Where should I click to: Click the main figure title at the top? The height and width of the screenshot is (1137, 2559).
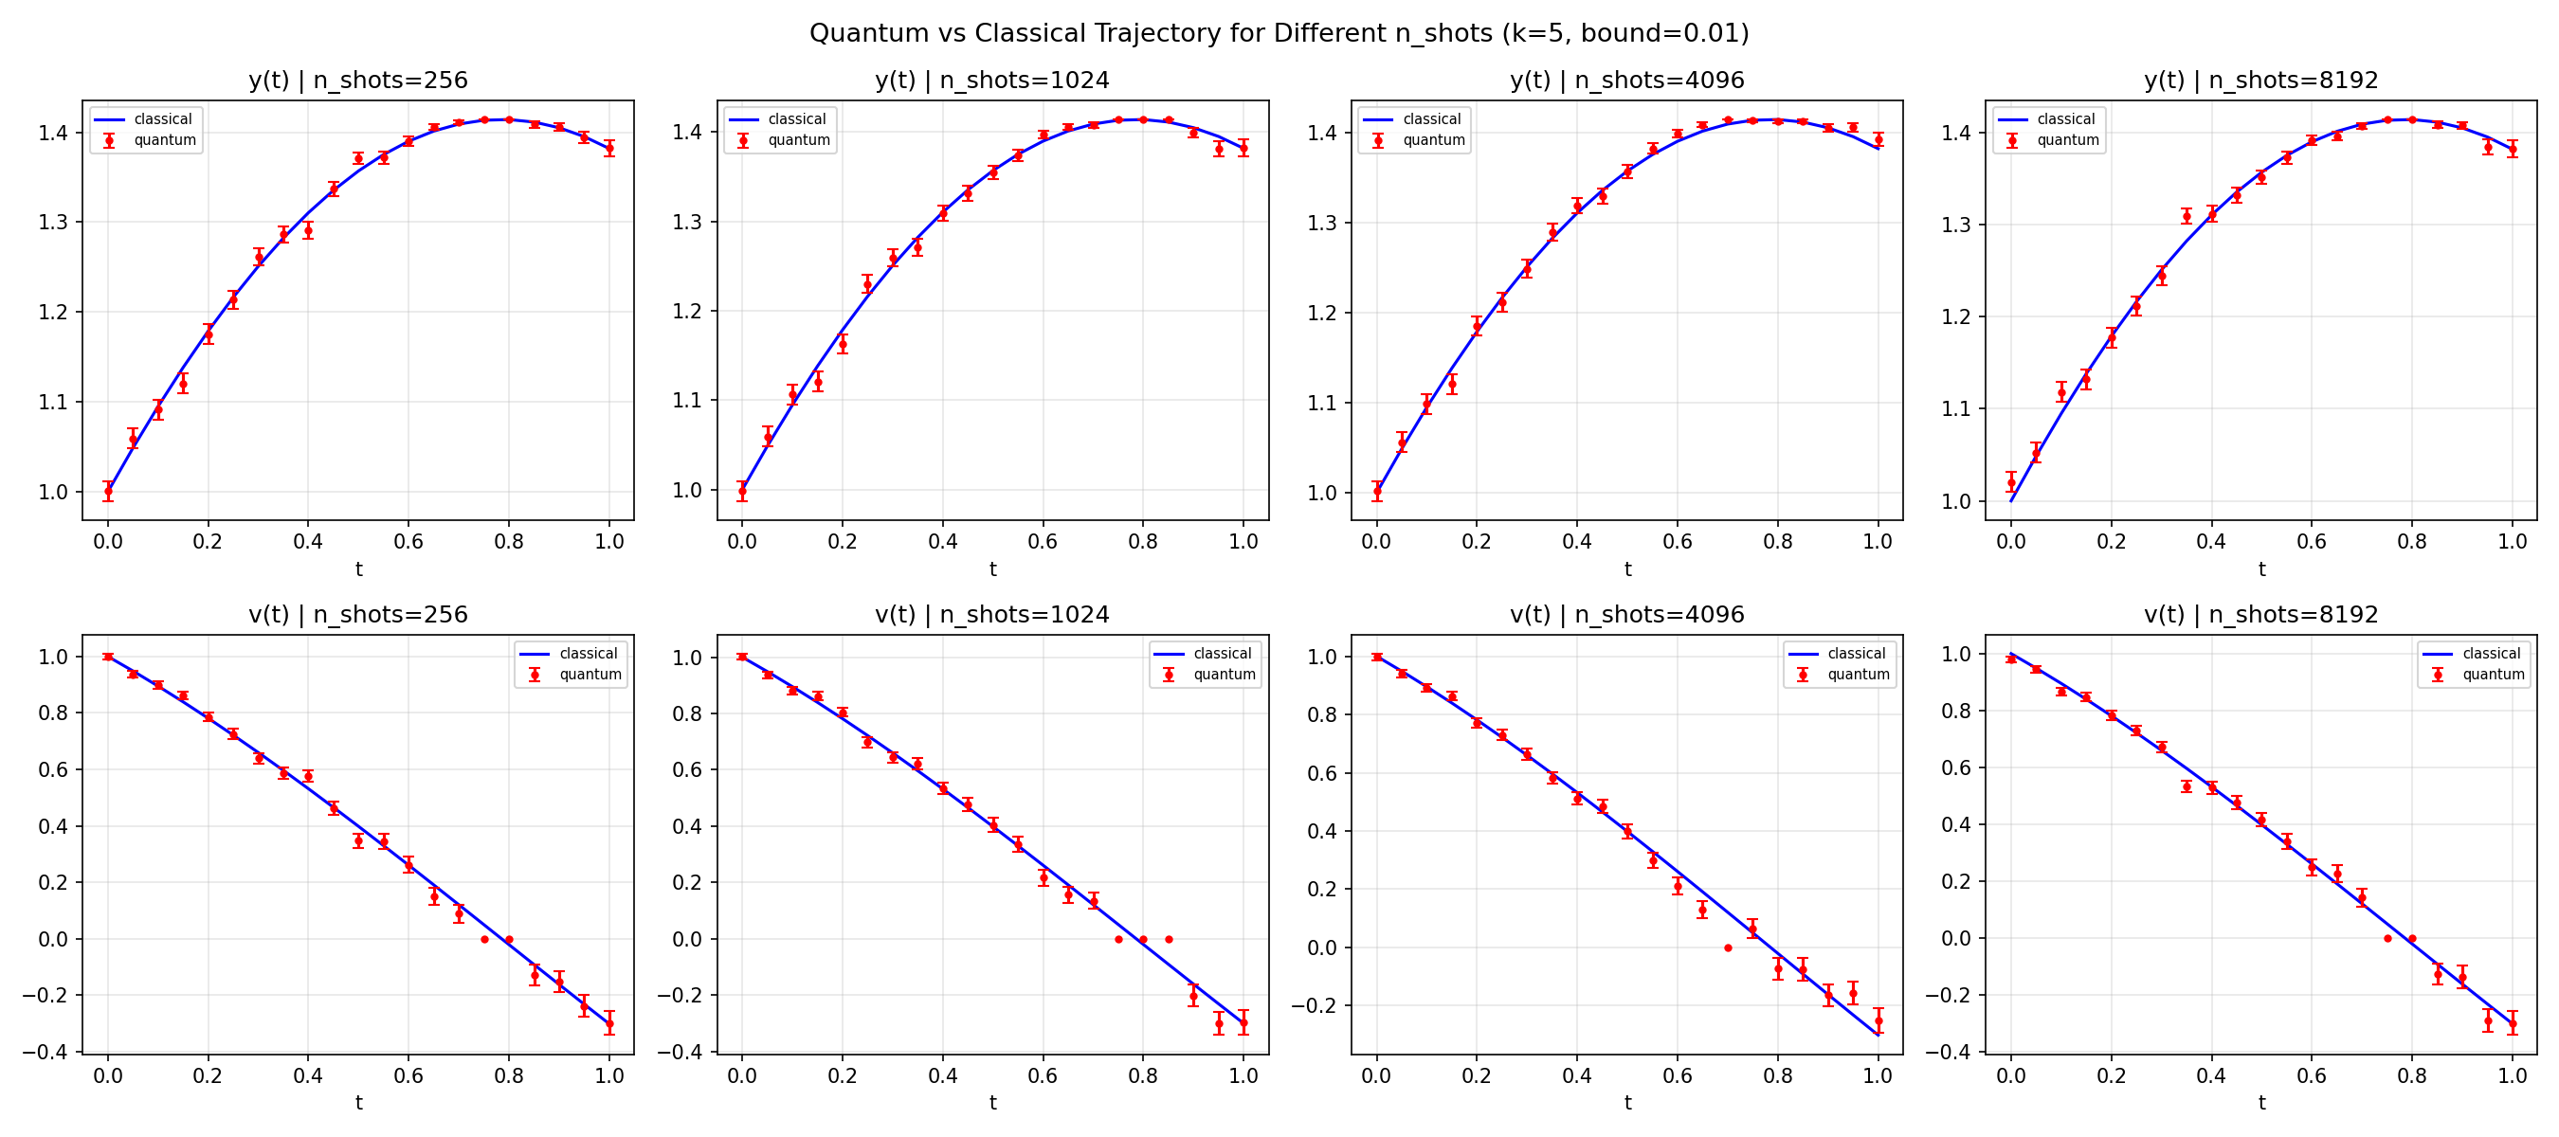click(x=1279, y=33)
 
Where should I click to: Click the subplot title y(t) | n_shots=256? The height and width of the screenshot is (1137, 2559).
click(x=357, y=81)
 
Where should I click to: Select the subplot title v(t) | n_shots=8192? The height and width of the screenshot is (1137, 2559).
click(x=2261, y=615)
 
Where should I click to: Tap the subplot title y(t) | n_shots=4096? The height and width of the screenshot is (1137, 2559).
click(x=1626, y=81)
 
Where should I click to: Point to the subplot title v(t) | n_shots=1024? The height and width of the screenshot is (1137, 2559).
click(x=991, y=615)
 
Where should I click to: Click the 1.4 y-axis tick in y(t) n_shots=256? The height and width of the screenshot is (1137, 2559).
click(x=54, y=132)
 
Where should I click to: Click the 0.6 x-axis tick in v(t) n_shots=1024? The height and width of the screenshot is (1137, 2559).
click(x=1042, y=1075)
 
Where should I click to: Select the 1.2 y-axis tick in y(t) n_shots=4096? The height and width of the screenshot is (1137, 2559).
click(x=1321, y=313)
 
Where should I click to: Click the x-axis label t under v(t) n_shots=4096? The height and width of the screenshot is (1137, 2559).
click(x=1627, y=1102)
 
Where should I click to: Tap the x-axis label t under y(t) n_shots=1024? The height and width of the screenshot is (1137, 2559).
click(x=992, y=569)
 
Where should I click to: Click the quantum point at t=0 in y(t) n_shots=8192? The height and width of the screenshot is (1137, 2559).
click(x=2010, y=483)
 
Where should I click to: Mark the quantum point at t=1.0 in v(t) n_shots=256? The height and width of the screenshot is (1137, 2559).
click(x=609, y=1022)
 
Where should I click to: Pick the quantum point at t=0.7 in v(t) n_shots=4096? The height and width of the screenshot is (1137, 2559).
click(x=1728, y=947)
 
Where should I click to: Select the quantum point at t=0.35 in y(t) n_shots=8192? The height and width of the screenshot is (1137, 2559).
click(x=2187, y=215)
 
